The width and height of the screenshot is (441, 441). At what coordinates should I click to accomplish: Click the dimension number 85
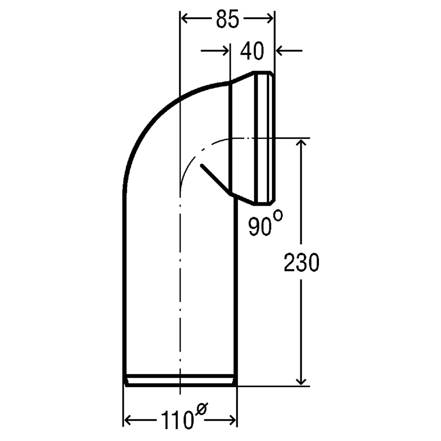coord(227,19)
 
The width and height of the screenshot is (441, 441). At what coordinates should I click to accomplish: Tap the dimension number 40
coord(252,51)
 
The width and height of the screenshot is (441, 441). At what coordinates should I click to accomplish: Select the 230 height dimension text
coord(301,262)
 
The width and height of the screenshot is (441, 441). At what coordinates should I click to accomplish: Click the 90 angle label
coord(259,227)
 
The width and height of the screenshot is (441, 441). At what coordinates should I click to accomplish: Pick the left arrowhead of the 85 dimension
coord(185,19)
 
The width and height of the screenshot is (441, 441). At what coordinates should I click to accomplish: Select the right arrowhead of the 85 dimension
coord(269,19)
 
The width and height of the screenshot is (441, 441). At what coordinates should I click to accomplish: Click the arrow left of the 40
coord(215,51)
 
